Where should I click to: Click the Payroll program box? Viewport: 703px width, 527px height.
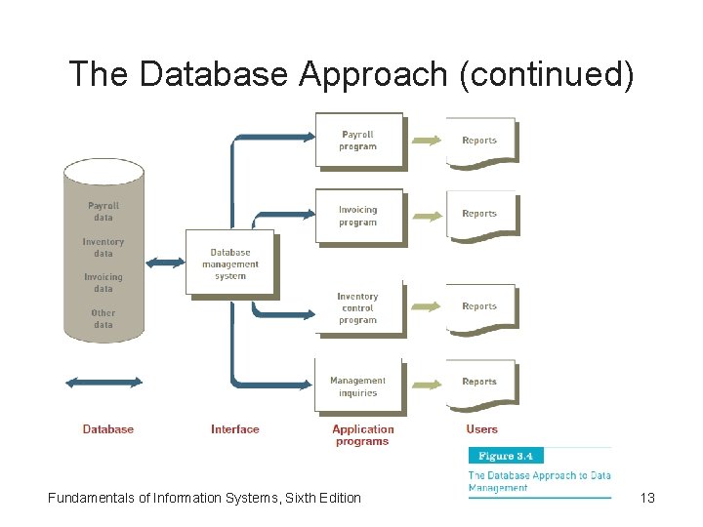click(357, 140)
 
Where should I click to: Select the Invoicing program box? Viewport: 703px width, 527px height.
click(357, 215)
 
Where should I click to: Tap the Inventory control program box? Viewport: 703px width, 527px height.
click(357, 307)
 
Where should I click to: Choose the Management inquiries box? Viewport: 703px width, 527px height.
click(357, 386)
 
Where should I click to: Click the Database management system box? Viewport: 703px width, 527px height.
click(229, 263)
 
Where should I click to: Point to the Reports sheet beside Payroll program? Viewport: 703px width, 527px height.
click(479, 141)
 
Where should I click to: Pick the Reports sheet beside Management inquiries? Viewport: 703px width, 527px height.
click(479, 382)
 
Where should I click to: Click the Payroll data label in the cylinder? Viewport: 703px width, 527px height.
click(103, 212)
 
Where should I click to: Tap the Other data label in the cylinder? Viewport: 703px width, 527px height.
click(103, 319)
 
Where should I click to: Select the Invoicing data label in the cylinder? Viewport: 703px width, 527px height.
click(103, 283)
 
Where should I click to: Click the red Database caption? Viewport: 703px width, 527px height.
click(108, 429)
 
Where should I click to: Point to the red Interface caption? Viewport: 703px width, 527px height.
click(235, 429)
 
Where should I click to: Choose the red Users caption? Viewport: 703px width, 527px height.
click(482, 429)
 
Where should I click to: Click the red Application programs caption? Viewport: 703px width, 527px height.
click(362, 435)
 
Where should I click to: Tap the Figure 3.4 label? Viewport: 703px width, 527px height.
click(506, 456)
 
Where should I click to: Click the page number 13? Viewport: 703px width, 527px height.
click(647, 499)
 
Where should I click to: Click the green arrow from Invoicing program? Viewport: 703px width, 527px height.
click(426, 215)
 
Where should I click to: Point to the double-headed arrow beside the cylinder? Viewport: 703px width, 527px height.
click(164, 263)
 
